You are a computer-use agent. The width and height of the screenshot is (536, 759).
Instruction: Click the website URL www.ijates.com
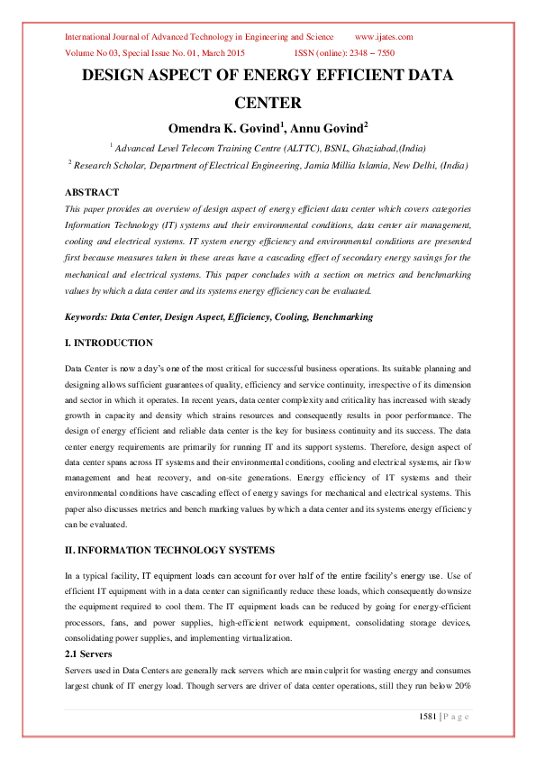pyautogui.click(x=385, y=37)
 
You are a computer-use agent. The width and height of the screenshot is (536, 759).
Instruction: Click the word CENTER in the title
pyautogui.click(x=268, y=103)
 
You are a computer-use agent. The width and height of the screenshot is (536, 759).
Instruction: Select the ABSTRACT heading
pyautogui.click(x=92, y=192)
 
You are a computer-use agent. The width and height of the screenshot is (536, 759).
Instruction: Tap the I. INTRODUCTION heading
pyautogui.click(x=109, y=343)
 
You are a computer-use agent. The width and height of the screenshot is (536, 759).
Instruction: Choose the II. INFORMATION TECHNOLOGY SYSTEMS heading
pyautogui.click(x=166, y=550)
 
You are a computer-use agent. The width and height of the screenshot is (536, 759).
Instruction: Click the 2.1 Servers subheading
pyautogui.click(x=88, y=654)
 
